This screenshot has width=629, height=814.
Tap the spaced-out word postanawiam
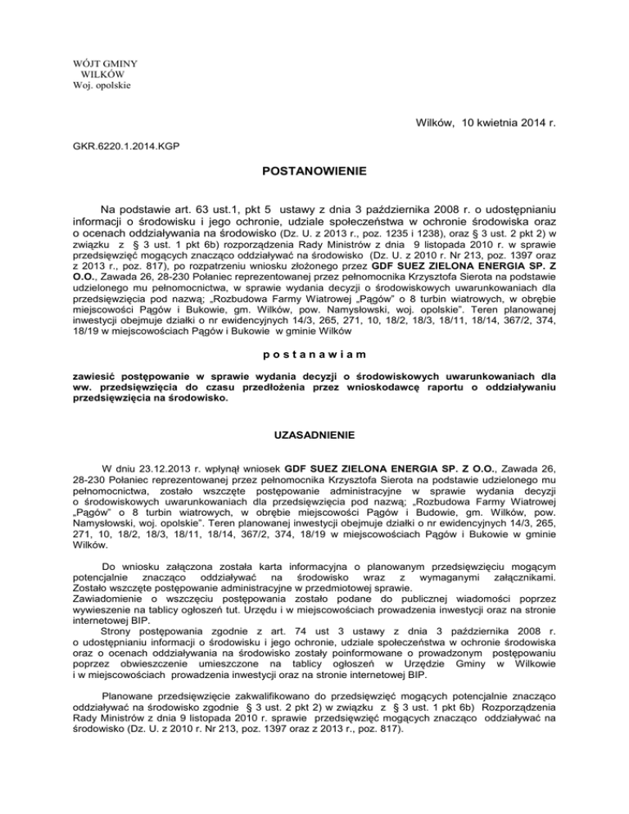[315, 354]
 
